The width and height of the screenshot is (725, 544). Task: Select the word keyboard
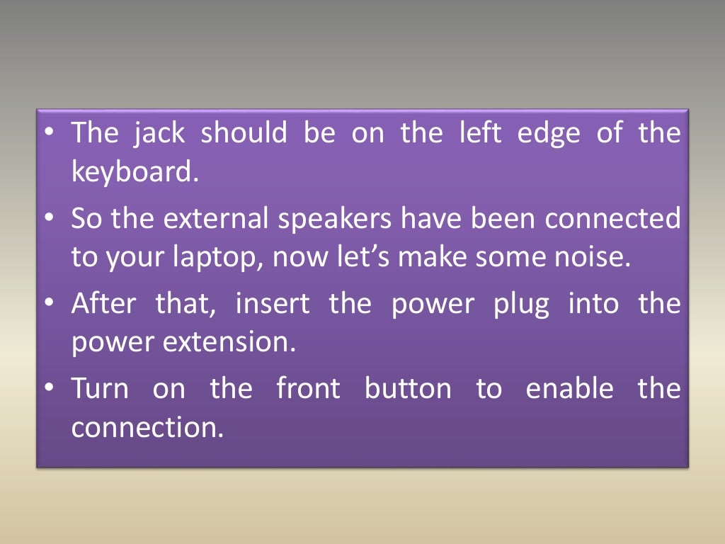click(x=132, y=172)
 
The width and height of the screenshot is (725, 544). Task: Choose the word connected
click(x=612, y=219)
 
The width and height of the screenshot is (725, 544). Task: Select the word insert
click(x=272, y=304)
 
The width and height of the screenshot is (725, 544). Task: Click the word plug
click(x=521, y=305)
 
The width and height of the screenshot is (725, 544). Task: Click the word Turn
click(x=100, y=389)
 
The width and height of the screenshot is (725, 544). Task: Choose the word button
click(x=407, y=389)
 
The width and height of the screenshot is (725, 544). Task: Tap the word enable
click(x=570, y=389)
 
